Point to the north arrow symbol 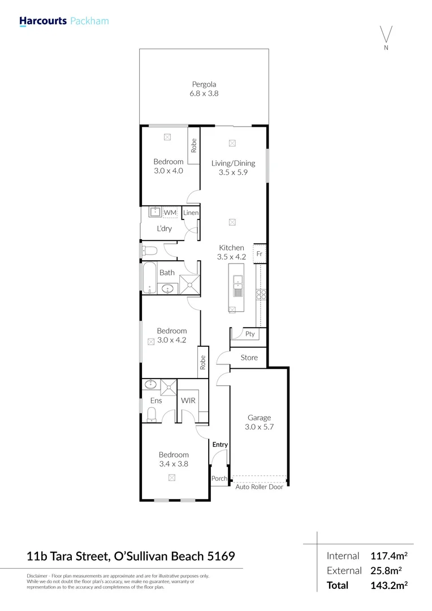coord(386,35)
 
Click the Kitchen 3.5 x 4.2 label coord(231,252)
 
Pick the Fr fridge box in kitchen coord(260,253)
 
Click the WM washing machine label coord(170,212)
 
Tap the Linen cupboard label coord(191,213)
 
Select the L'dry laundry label coord(164,229)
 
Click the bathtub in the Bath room coord(150,278)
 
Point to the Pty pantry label coord(250,334)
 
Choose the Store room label coord(249,358)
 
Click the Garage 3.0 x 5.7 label coord(259,423)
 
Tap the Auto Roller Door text coord(259,487)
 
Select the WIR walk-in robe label coord(188,401)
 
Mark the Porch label coord(219,479)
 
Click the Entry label coord(220,445)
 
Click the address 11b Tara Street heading coord(131,556)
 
